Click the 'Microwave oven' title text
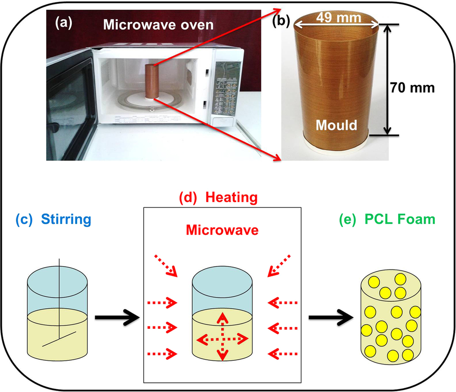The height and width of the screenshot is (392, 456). point(159,25)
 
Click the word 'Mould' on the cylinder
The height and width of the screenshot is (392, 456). point(336,125)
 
